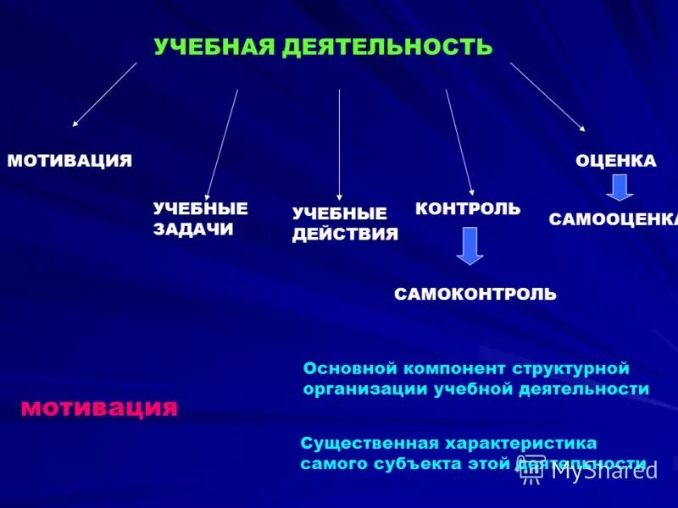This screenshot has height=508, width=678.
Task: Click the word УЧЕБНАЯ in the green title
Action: click(213, 47)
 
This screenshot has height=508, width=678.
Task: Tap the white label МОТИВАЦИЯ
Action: click(69, 161)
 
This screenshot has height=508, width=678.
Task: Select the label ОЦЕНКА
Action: click(616, 161)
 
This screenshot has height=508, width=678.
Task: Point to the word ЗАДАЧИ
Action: click(193, 229)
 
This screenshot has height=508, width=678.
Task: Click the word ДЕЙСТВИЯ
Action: click(345, 235)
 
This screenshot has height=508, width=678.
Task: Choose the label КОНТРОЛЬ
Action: click(468, 208)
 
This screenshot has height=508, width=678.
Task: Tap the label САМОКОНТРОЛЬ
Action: click(475, 294)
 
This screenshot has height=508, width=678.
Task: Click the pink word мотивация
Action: click(99, 408)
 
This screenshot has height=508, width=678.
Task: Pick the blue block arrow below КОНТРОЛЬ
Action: click(470, 246)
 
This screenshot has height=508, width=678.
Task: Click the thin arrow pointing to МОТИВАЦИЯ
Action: click(104, 94)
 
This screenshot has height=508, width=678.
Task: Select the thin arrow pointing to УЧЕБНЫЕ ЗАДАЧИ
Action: click(222, 144)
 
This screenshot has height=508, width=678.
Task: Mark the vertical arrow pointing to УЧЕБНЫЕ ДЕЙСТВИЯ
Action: click(339, 144)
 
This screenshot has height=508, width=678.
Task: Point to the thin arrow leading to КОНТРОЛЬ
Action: click(459, 142)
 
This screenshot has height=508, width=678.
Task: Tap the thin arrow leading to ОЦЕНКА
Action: click(547, 97)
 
